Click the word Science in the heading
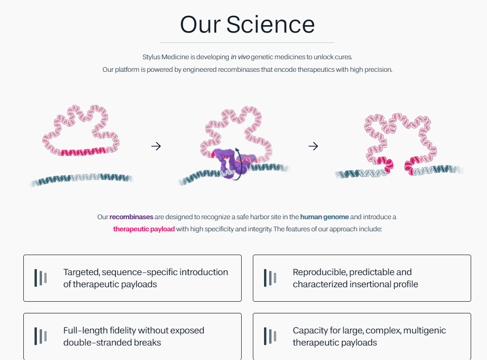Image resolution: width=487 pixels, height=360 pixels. click(x=271, y=25)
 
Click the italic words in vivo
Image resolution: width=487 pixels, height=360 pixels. click(x=240, y=57)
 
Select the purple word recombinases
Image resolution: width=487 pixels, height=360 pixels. click(x=132, y=217)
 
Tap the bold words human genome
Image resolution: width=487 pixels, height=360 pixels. click(x=324, y=217)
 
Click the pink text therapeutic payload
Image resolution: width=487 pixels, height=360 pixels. click(x=144, y=229)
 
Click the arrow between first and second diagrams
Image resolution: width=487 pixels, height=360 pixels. click(x=156, y=146)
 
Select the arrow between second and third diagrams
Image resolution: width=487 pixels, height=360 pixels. click(x=313, y=146)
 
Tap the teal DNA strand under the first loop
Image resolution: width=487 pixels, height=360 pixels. click(x=82, y=179)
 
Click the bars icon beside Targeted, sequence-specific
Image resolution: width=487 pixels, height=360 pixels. click(x=41, y=278)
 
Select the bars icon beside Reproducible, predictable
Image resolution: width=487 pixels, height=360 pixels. click(x=270, y=278)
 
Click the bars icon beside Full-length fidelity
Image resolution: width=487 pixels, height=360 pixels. click(x=41, y=336)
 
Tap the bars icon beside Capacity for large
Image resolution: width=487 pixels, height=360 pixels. click(x=270, y=336)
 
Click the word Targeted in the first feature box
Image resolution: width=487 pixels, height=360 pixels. click(x=81, y=272)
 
